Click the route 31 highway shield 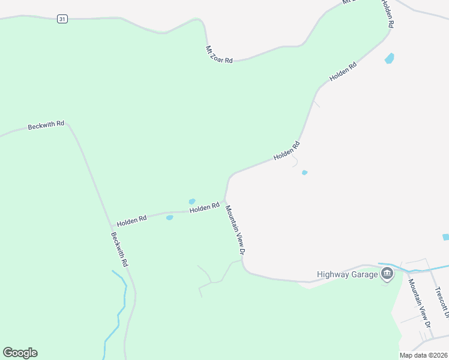[x=62, y=19]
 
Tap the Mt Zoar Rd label [x=218, y=55]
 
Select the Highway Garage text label [x=348, y=275]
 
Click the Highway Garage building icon [x=387, y=275]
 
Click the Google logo [x=20, y=353]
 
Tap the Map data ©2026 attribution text [x=424, y=355]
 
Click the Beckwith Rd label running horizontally [x=46, y=125]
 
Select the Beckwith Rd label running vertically [x=119, y=250]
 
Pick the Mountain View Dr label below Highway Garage [x=420, y=302]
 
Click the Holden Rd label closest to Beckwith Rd [x=132, y=221]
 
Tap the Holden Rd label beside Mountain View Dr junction [x=204, y=208]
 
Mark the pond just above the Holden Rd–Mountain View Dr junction [x=192, y=202]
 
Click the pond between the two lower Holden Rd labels [x=169, y=217]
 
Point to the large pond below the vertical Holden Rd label [x=390, y=59]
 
